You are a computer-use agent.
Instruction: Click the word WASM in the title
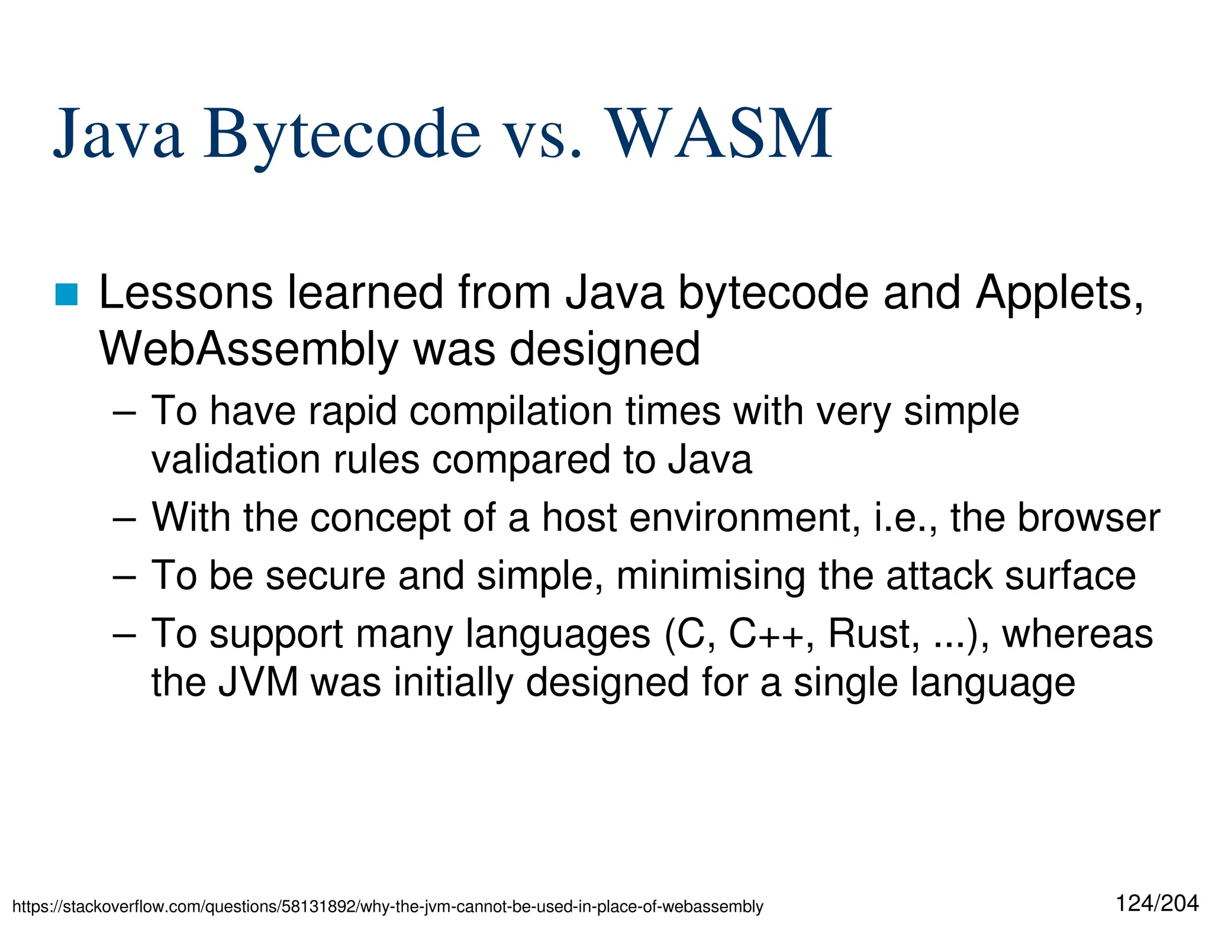tap(720, 135)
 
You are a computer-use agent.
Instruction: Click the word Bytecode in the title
tap(341, 135)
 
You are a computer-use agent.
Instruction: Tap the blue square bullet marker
tap(66, 295)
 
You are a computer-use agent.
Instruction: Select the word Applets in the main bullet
tap(1059, 293)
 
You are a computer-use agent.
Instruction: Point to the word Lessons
tap(185, 293)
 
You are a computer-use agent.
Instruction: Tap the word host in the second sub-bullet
tap(579, 518)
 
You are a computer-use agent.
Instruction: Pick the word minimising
tap(711, 576)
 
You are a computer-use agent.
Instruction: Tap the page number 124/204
tap(1157, 903)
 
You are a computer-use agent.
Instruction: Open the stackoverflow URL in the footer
tap(388, 906)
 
